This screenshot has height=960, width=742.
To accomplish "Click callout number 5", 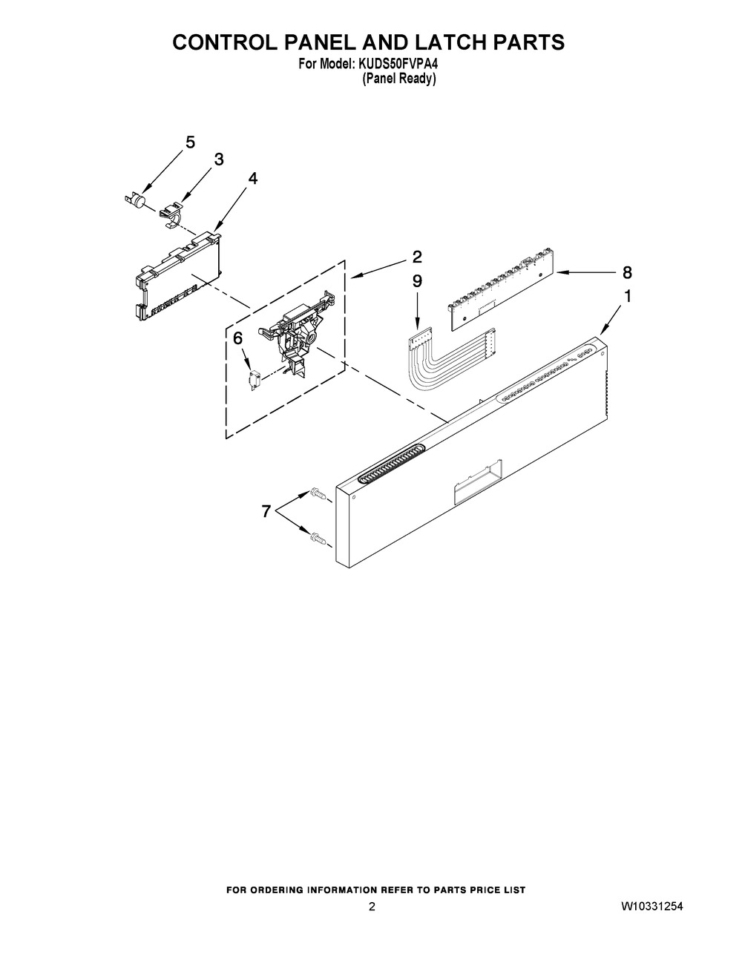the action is click(190, 142).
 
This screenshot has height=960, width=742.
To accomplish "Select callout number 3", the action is click(219, 160).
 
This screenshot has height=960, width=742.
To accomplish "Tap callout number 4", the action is click(252, 178).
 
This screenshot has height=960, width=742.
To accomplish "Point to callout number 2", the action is click(417, 257).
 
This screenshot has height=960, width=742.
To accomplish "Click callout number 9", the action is click(417, 281).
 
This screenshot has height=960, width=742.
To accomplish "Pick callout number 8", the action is click(627, 272).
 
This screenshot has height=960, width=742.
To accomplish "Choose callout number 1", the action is click(627, 297).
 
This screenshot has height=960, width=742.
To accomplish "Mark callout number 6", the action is click(237, 339).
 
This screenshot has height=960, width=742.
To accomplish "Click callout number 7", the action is click(266, 512).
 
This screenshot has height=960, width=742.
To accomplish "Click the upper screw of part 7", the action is click(319, 494).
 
